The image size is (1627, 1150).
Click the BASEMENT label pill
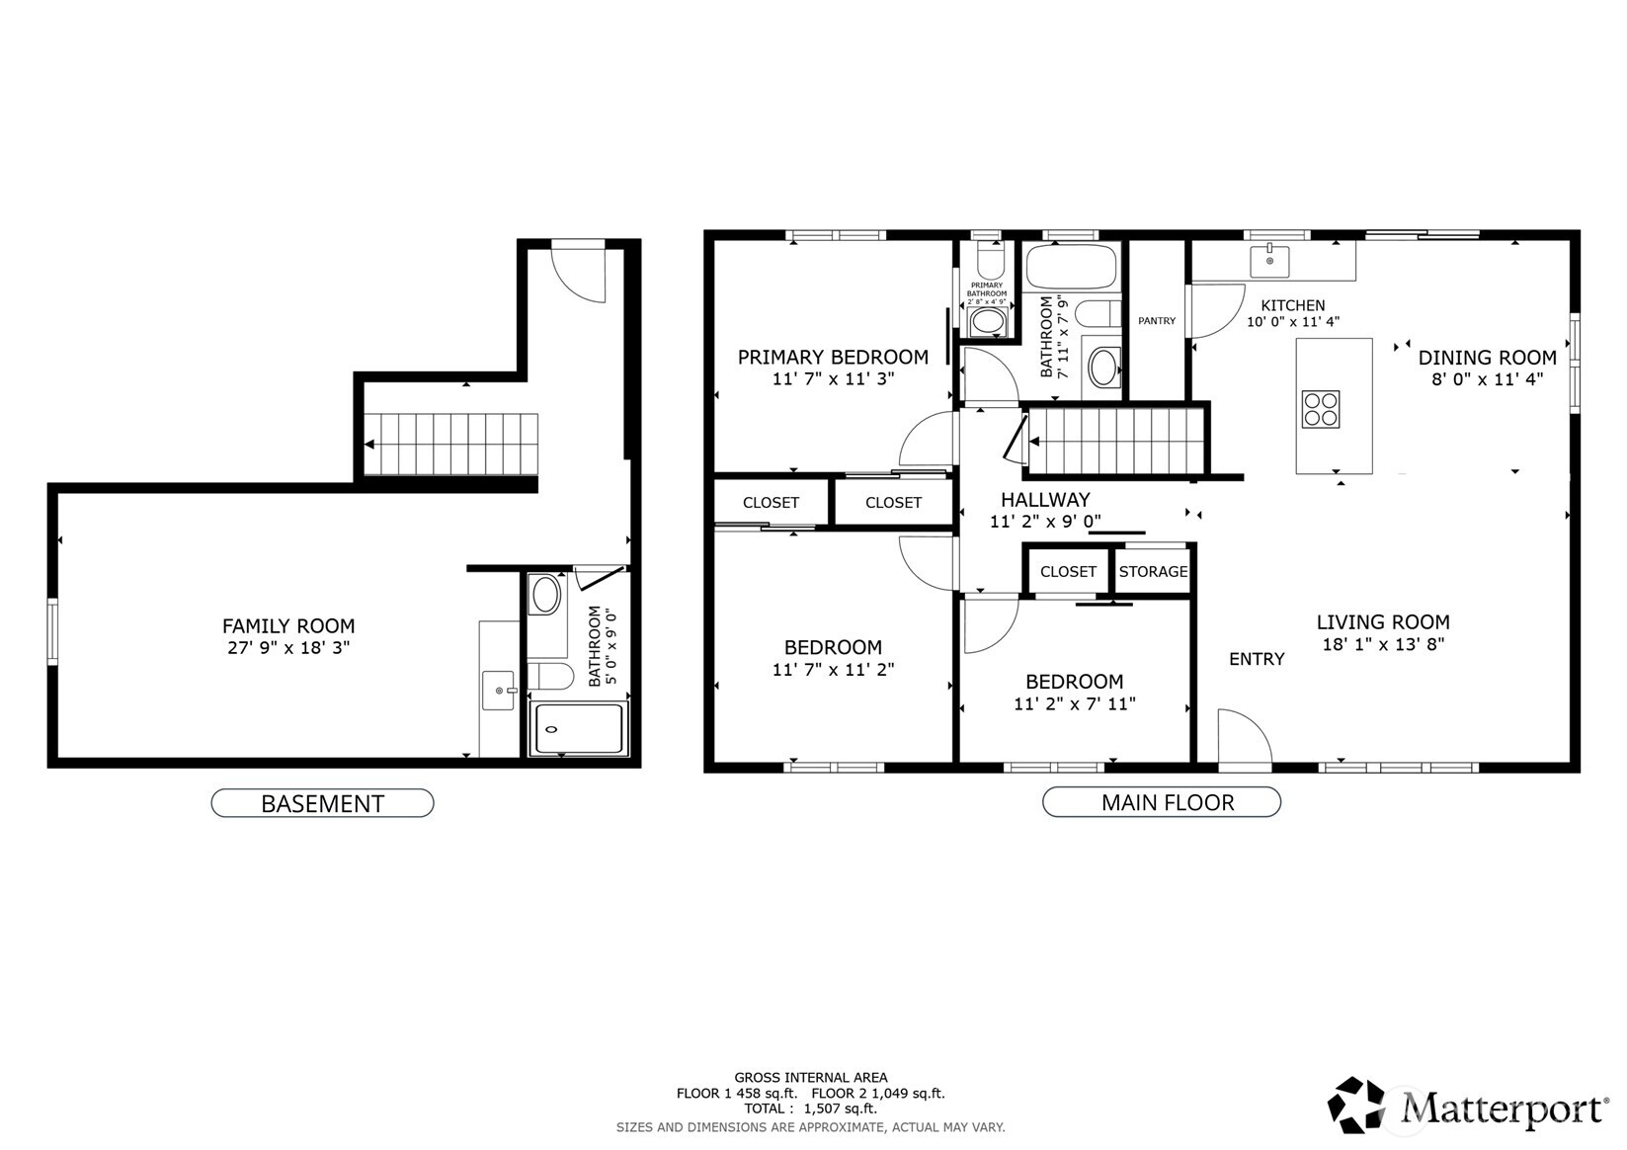point(322,803)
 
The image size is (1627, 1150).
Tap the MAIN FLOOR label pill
point(1161,802)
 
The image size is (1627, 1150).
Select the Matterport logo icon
point(1356,1105)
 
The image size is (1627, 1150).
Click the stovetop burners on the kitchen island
point(1321,409)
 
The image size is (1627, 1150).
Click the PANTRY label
point(1157,320)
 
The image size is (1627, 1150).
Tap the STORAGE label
point(1153,572)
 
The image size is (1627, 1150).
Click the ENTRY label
point(1257,659)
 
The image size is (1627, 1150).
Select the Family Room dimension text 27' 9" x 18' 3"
point(288,647)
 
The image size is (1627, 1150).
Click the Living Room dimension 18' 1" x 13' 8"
point(1383,643)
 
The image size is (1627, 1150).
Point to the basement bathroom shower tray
point(579,729)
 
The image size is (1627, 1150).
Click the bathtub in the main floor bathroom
point(1071,267)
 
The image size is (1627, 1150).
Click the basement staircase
point(450,444)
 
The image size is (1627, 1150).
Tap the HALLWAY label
point(1045,500)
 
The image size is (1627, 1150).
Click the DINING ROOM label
point(1487,358)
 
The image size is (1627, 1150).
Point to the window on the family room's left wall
point(52,630)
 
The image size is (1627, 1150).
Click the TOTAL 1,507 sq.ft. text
point(811,1109)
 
